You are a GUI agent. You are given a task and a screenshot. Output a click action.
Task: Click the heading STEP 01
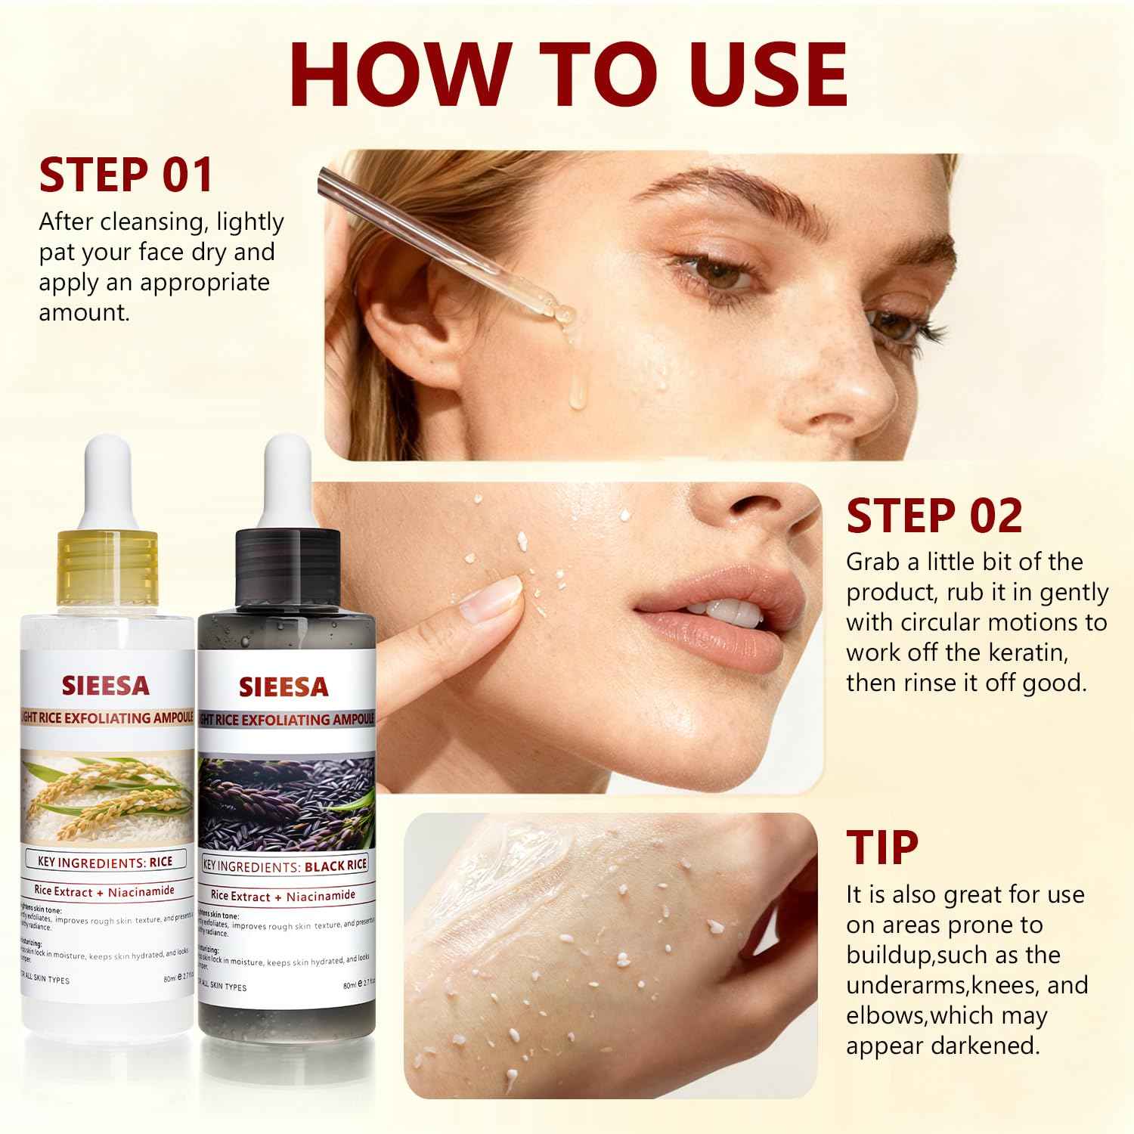[126, 175]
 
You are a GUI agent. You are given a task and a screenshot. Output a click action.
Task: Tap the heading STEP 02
[934, 516]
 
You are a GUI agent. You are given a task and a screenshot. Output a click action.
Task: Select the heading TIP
[882, 847]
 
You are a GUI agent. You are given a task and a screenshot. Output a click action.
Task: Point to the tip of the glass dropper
[564, 311]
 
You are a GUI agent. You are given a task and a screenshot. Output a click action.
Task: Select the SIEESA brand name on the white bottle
[106, 686]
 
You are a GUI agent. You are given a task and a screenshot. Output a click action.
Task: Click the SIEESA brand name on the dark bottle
[284, 686]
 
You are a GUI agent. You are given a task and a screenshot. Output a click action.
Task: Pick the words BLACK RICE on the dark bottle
[335, 865]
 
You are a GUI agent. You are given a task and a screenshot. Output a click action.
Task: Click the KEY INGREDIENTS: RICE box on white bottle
[106, 861]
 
